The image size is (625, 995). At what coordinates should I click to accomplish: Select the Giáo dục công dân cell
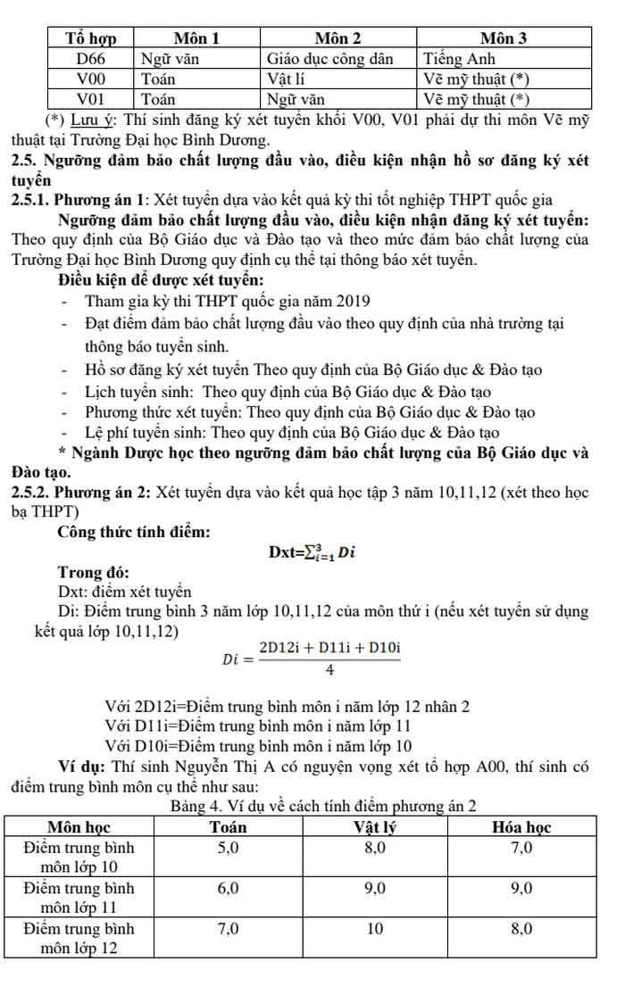330,59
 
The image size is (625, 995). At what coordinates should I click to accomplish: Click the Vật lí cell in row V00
289,79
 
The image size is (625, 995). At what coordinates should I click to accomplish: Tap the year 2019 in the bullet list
352,302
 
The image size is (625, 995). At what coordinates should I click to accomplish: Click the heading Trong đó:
94,572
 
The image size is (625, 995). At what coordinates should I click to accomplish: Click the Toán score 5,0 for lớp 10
229,848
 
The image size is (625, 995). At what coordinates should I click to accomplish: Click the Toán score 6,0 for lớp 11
229,888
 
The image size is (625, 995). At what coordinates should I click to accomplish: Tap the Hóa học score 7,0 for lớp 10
521,848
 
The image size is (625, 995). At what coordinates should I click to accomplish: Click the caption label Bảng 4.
193,808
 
